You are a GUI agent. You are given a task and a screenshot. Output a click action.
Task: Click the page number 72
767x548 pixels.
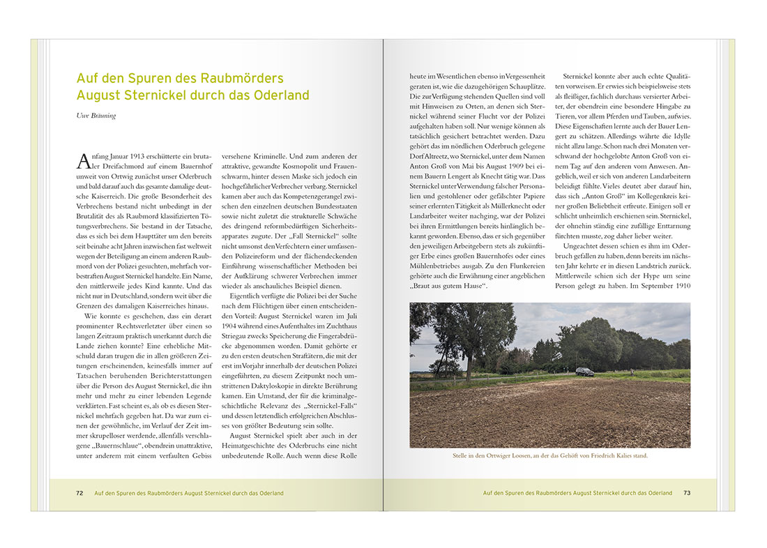pos(79,493)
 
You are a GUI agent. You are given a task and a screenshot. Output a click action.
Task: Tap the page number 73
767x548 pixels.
pos(687,493)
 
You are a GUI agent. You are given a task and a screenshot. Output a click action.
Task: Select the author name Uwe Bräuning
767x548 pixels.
pos(96,116)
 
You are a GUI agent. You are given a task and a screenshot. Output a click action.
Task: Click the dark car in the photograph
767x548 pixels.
pos(586,372)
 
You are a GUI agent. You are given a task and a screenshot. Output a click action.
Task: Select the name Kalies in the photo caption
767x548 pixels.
pos(621,456)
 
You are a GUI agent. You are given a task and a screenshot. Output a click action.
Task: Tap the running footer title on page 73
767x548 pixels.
pos(577,493)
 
